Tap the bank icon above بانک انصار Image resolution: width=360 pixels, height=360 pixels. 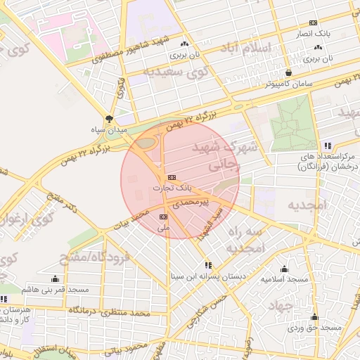pos(314,22)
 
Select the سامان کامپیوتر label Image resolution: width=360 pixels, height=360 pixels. pos(289,83)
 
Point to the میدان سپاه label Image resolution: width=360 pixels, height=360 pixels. pos(108,129)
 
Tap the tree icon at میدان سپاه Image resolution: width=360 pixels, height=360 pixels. pos(108,119)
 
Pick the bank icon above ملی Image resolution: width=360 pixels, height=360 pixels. pos(164,217)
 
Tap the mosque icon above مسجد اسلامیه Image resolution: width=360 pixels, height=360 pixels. pos(284,269)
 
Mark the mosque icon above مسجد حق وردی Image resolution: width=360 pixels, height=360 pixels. pos(314,317)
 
